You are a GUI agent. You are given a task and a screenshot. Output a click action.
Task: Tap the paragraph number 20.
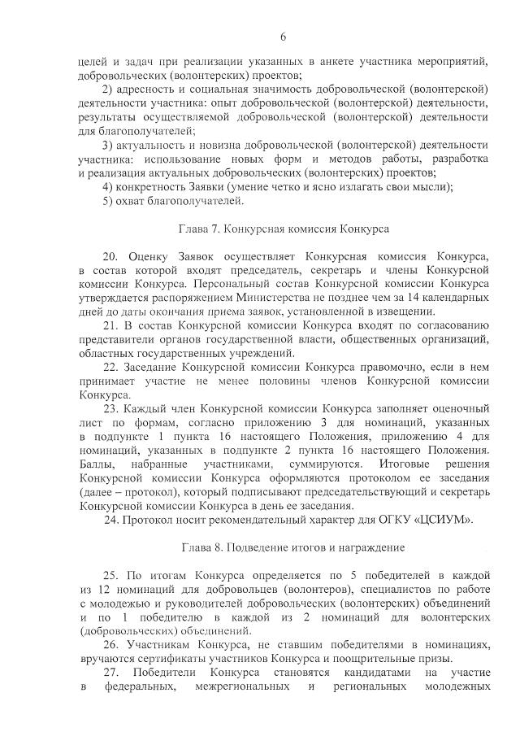(112, 255)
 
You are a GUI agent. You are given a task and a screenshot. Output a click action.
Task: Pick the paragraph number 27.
(112, 674)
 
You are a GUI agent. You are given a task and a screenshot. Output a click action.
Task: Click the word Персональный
(243, 283)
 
